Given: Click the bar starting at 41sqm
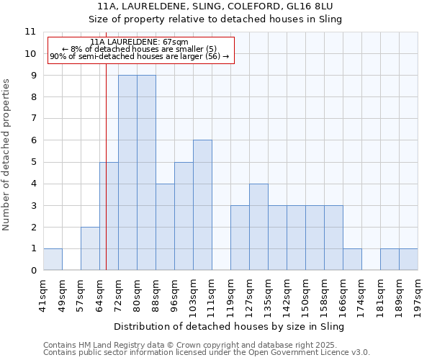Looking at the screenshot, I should [53, 259].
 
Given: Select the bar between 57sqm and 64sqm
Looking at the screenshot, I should [90, 248].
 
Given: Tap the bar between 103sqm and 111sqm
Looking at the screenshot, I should [202, 205].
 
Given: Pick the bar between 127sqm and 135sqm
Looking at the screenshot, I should [258, 227].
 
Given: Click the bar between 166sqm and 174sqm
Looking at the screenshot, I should [352, 259].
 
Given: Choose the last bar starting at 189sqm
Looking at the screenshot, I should [408, 259].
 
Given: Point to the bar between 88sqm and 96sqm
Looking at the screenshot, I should [165, 227].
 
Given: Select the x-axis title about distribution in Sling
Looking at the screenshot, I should [230, 326].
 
